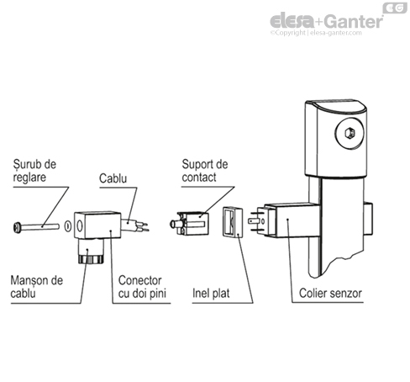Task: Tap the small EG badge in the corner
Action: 393,8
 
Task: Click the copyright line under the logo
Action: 324,34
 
